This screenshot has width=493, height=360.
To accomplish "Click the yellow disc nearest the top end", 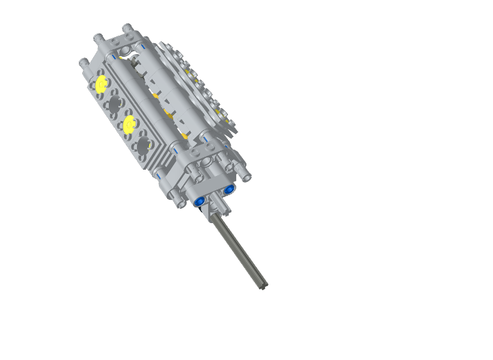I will tap(102, 85).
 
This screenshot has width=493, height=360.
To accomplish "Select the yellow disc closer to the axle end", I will tap(128, 123).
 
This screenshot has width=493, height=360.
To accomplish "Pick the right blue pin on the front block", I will tap(229, 188).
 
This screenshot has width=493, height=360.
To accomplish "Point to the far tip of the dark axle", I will tap(264, 285).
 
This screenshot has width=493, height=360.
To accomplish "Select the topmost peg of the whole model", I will tap(127, 28).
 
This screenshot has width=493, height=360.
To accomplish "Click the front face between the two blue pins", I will tap(214, 191).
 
